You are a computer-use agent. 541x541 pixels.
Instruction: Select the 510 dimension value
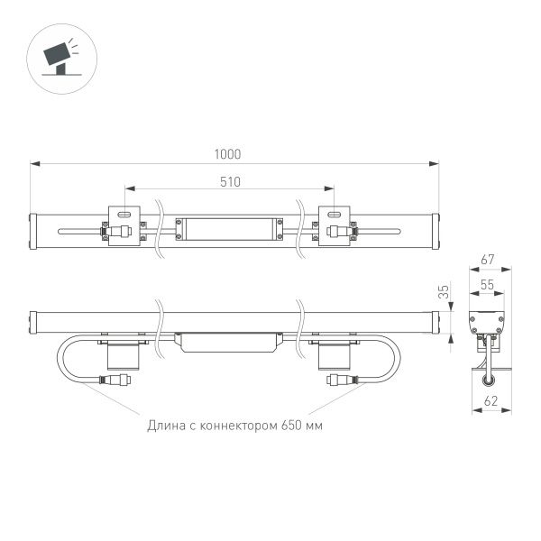[x=230, y=181]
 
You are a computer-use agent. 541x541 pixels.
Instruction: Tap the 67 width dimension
[x=487, y=260]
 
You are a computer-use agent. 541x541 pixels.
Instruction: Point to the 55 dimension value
[x=487, y=284]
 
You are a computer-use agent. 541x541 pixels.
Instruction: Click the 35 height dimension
[x=443, y=291]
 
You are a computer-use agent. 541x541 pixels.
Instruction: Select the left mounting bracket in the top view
[x=124, y=225]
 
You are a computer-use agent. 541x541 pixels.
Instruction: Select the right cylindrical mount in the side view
[x=335, y=353]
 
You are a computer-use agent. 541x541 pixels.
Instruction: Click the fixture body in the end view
[x=487, y=324]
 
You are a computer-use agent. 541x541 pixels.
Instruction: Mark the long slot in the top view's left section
[x=81, y=231]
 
